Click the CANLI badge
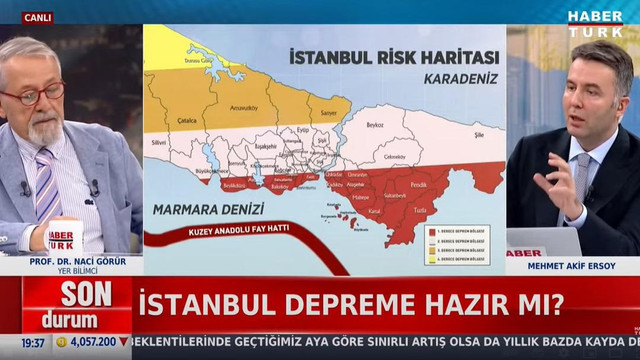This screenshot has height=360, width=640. pyautogui.click(x=38, y=17)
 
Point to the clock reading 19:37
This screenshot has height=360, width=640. pyautogui.click(x=33, y=342)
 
